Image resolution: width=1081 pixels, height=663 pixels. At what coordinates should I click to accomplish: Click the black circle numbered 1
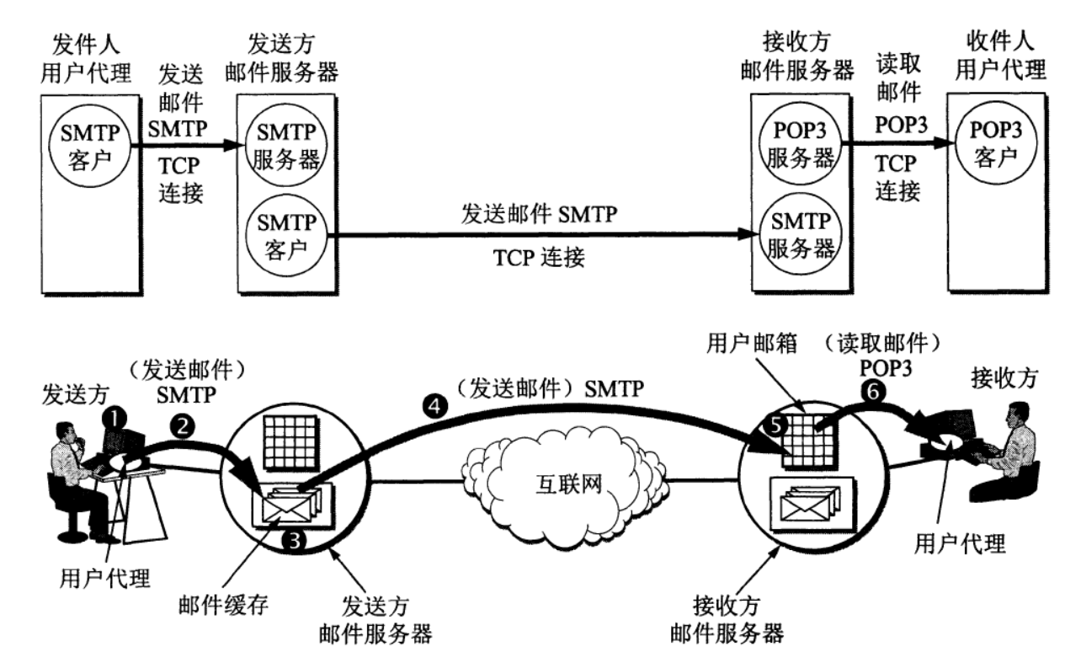coord(114,420)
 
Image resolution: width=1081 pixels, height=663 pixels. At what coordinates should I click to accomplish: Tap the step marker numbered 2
coord(182,426)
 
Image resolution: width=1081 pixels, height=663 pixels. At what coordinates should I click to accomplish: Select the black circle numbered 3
coord(294,540)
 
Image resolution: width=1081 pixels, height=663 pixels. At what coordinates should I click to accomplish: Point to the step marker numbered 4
coord(434,407)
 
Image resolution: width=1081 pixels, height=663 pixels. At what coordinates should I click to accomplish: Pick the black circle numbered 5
coord(775,425)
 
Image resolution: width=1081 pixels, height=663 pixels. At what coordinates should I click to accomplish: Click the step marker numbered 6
coord(873,391)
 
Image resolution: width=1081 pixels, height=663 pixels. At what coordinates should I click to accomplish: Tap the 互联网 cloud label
coord(568,484)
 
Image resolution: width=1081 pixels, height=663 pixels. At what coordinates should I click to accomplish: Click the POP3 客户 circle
coord(996,143)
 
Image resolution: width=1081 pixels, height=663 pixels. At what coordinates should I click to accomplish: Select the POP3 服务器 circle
coord(800,144)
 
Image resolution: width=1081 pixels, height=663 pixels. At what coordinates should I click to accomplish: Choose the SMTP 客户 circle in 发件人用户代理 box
coord(90,146)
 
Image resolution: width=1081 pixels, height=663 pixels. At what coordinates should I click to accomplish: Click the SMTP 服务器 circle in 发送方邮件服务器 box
coord(286,145)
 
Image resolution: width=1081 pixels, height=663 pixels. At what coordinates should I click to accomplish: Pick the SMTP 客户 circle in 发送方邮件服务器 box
coord(286,236)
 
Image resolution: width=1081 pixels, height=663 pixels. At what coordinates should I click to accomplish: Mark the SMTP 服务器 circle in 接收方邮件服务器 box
coord(800,235)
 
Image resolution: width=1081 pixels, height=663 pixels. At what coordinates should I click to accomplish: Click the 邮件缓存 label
coord(223,605)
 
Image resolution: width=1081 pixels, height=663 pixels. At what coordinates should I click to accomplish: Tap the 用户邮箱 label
coord(751,344)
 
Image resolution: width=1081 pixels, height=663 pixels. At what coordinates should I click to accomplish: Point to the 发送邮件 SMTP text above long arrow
coord(539,214)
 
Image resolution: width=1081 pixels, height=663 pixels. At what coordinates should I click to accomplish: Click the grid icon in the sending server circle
coord(291,442)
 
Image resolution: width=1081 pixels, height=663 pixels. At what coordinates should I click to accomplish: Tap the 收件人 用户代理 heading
coord(1001,55)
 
